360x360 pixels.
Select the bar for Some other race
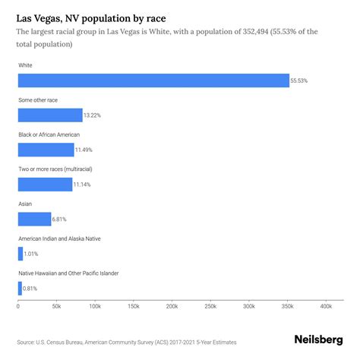pyautogui.click(x=50, y=115)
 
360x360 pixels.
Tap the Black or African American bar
pyautogui.click(x=46, y=150)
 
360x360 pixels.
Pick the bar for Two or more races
pyautogui.click(x=46, y=184)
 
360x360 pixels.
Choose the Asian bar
pyautogui.click(x=34, y=219)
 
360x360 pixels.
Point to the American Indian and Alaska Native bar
pyautogui.click(x=20, y=254)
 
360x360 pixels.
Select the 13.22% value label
pyautogui.click(x=94, y=115)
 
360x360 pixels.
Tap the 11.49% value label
pyautogui.click(x=87, y=150)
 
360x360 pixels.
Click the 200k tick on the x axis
pyautogui.click(x=172, y=306)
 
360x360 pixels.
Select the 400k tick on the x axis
pyautogui.click(x=326, y=306)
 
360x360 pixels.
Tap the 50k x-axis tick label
pyautogui.click(x=56, y=306)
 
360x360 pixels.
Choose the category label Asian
pyautogui.click(x=25, y=203)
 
